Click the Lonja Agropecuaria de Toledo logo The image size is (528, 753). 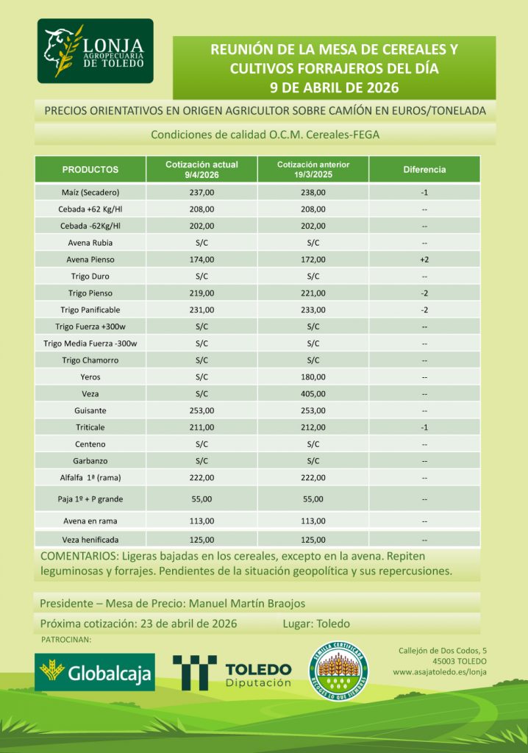pos(96,51)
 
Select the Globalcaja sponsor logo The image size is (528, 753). pos(95,671)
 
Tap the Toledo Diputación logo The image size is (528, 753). pos(232,672)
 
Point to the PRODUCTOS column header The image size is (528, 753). pos(90,169)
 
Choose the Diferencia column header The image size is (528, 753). pos(424,169)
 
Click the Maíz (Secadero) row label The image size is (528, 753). pos(90,192)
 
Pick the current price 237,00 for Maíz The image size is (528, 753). pos(201,192)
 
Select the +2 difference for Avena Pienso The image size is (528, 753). pos(424,259)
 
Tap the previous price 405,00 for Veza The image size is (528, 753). pos(313,393)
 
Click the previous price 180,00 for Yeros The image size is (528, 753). pos(313,376)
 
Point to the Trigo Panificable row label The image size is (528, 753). pos(90,310)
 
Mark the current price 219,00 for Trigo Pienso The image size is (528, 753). pos(201,293)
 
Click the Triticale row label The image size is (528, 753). pos(90,427)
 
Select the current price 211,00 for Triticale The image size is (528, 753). pos(201,427)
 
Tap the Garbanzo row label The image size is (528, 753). pos(90,461)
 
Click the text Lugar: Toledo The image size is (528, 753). pos(315,624)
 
